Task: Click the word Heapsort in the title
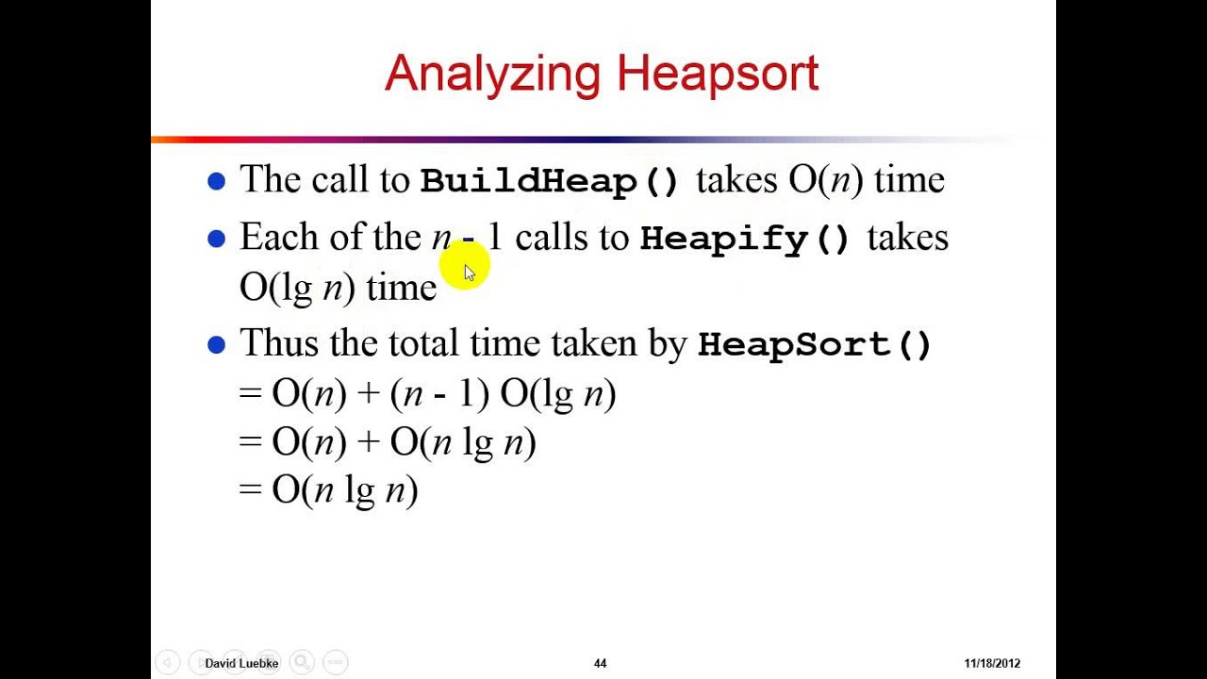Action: pos(718,74)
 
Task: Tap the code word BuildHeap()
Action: pos(550,180)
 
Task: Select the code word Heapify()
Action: pos(745,238)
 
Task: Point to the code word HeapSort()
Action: pos(815,344)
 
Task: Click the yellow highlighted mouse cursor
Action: pos(468,270)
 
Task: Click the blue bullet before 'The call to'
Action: pos(217,181)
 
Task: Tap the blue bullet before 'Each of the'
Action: pos(217,240)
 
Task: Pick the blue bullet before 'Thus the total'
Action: pos(217,345)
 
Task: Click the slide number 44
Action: pos(600,664)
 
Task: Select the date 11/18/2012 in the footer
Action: pos(992,664)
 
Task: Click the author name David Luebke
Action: pos(241,664)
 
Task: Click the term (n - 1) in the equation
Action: pos(439,393)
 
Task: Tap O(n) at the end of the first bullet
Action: pos(825,180)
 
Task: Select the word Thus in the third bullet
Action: pos(279,343)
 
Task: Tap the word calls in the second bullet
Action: pos(552,238)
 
